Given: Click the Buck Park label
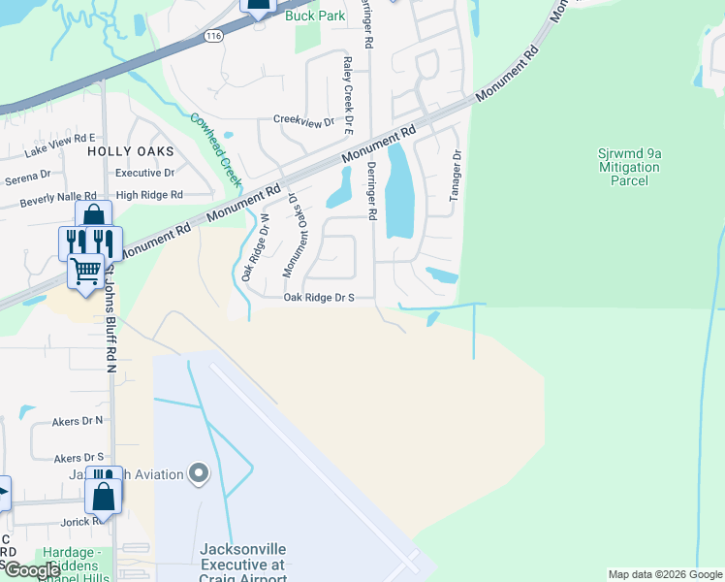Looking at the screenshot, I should tap(314, 16).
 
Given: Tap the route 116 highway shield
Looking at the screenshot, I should tap(213, 34).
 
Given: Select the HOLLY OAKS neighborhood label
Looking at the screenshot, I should tap(130, 151).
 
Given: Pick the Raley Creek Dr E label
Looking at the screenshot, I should tap(347, 94).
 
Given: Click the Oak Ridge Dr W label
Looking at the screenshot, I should tap(255, 246).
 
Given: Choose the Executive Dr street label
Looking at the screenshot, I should tap(144, 173).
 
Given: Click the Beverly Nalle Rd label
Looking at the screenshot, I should tap(58, 198).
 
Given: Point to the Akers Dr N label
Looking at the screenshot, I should tap(79, 421).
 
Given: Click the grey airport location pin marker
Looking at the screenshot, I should tap(200, 474).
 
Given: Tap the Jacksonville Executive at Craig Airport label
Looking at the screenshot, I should tap(242, 562).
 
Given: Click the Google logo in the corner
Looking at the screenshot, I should tap(31, 569).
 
